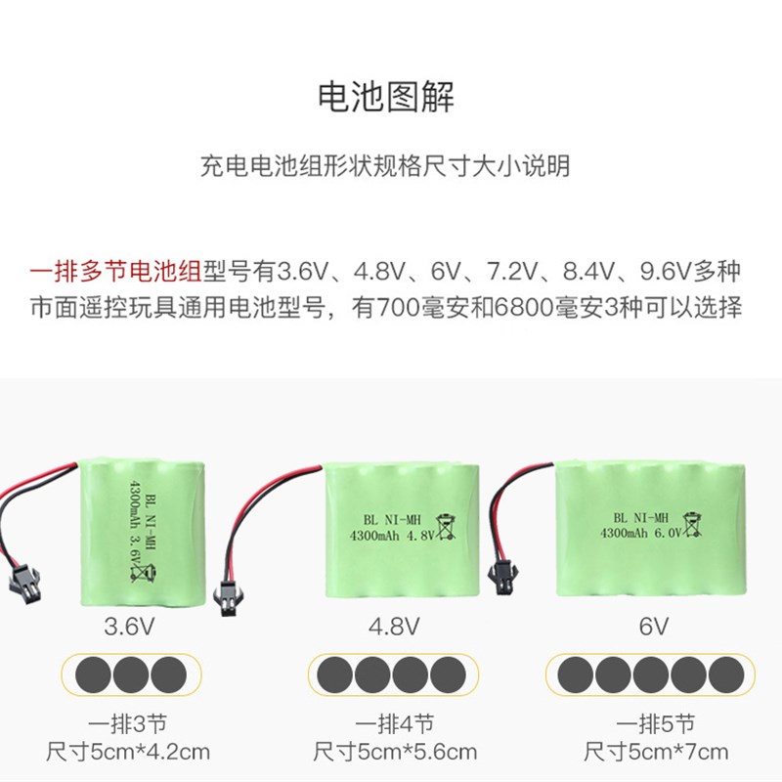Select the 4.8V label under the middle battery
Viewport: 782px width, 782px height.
(394, 626)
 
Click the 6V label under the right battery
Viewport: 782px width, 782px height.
(654, 626)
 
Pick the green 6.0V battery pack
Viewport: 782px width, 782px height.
(654, 533)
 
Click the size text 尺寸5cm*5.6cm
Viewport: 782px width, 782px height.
(394, 752)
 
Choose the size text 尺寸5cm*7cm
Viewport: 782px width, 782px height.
(656, 752)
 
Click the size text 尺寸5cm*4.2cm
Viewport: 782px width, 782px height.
(127, 752)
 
